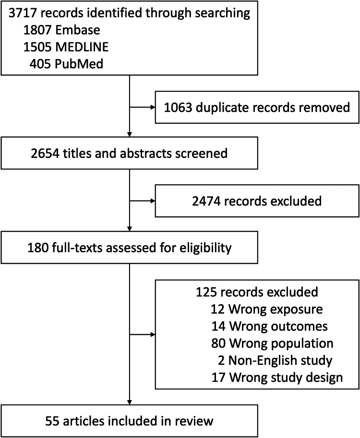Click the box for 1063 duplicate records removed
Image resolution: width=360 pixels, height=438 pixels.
click(256, 107)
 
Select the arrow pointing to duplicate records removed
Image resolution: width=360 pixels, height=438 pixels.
click(142, 107)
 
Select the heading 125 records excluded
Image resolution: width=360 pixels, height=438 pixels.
click(256, 292)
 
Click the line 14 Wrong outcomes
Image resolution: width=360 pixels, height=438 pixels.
click(269, 326)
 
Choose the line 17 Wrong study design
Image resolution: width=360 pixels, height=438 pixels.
click(277, 377)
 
